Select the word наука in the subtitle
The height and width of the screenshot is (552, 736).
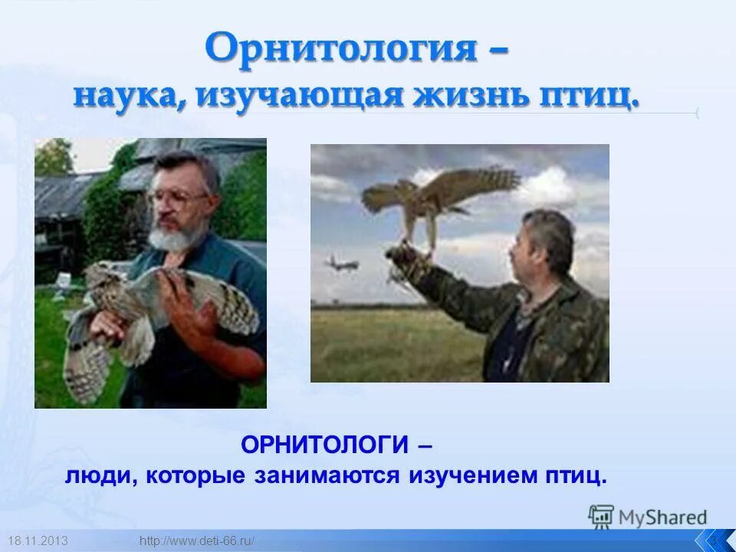pos(128,97)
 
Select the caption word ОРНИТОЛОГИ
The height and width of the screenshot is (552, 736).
pos(324,444)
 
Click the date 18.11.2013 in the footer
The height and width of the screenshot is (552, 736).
pos(38,541)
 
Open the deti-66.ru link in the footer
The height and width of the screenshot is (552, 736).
pos(198,541)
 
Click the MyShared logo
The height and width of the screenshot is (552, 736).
pos(648,517)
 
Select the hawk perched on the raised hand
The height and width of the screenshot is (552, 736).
pos(433,195)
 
